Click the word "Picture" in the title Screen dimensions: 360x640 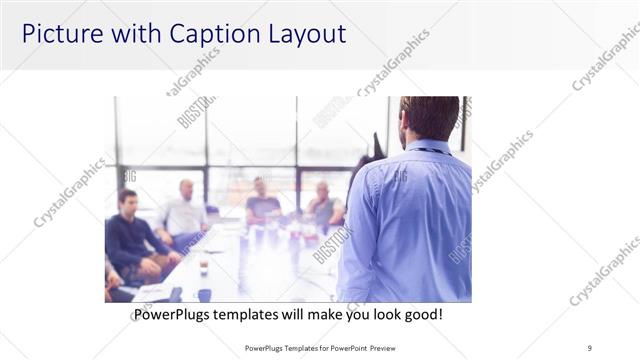pyautogui.click(x=61, y=33)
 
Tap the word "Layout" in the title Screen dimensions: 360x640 pyautogui.click(x=306, y=33)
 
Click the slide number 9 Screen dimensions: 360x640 pyautogui.click(x=590, y=347)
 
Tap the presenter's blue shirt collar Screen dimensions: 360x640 pyautogui.click(x=426, y=147)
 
